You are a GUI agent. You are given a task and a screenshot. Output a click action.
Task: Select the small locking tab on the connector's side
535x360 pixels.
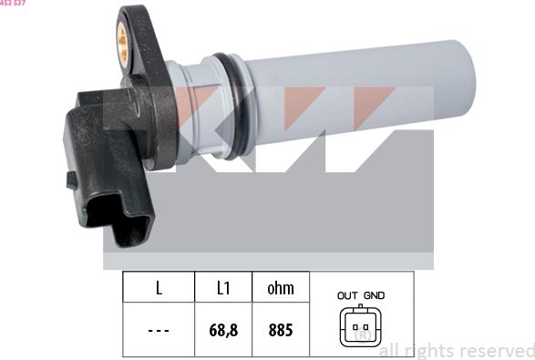pos(72,180)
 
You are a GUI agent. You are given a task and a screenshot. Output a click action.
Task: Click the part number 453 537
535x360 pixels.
pos(13,4)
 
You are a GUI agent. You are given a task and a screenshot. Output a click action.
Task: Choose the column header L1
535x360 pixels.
pos(222,289)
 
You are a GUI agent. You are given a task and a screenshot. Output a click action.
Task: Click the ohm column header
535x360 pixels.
pos(280,289)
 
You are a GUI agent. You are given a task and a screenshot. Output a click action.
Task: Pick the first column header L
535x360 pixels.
pos(159,289)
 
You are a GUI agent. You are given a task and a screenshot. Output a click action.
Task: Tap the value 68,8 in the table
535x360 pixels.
pos(222,330)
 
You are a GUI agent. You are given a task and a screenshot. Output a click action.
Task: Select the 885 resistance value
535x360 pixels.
pos(280,330)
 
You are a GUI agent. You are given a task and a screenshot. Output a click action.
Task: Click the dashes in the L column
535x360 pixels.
pos(159,330)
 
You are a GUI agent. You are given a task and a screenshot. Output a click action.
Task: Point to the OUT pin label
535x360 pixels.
pos(347,295)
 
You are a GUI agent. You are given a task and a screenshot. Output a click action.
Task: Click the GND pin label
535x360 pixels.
pos(374,295)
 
